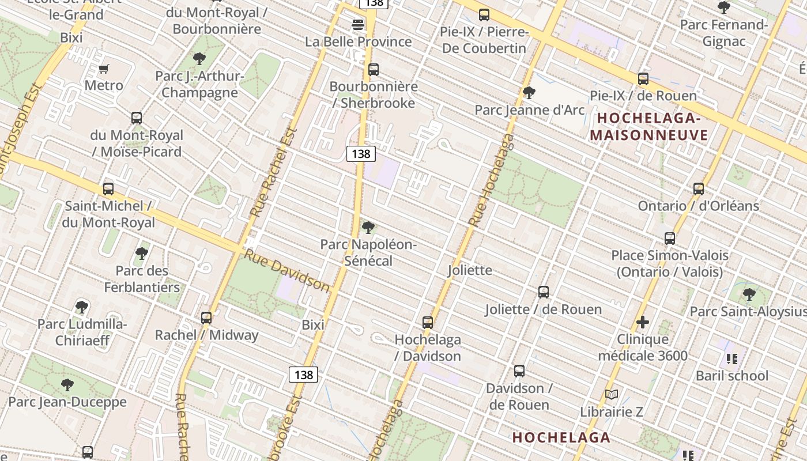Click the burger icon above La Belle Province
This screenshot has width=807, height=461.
pos(358,25)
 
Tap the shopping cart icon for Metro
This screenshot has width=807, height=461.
pos(104,69)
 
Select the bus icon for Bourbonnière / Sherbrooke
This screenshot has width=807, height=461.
pos(374,70)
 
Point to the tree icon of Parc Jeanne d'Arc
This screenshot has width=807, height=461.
pos(529,93)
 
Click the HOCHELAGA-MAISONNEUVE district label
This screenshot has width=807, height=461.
pos(648,127)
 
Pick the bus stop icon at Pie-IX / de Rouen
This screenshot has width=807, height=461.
pos(643,79)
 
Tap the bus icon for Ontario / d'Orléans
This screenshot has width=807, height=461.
pos(699,189)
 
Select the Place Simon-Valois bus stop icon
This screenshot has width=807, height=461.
pos(670,239)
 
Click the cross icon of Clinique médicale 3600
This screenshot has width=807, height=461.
pos(643,323)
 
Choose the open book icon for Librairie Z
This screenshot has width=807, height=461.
pos(612,395)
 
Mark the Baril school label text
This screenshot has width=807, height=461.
pos(732,376)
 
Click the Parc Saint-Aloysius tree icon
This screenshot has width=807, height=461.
pos(749,294)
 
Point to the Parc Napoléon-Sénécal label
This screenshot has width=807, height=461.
pos(368,252)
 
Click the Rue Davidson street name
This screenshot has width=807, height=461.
pos(286,270)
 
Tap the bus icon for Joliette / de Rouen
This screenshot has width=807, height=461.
pos(544,292)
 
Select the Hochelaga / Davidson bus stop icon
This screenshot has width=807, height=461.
pos(428,323)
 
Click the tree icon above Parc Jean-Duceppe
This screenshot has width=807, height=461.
pos(67,384)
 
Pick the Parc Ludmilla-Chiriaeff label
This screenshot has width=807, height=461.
pos(82,332)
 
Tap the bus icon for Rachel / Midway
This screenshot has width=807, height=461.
pos(206,318)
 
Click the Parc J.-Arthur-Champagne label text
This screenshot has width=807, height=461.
pos(199,84)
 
